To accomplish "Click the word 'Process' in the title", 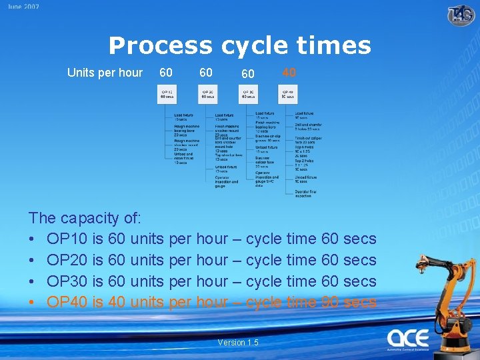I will (160, 45).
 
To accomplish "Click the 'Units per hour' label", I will (105, 72).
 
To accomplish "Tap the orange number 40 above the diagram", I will (289, 72).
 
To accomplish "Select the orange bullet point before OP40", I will (32, 303).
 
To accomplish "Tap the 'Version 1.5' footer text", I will (238, 343).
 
